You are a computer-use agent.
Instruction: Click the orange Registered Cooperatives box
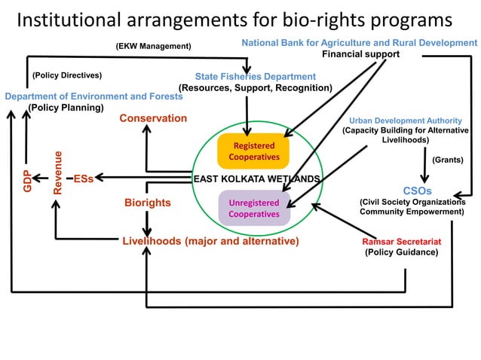pos(253,151)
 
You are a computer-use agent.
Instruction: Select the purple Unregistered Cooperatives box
pos(254,209)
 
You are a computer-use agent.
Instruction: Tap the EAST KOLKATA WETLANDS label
pos(257,179)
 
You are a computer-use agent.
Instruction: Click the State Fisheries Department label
pos(255,77)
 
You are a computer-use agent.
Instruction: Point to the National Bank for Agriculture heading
pos(359,44)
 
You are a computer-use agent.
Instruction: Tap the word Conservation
pos(153,118)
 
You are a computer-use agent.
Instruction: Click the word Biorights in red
pos(148,203)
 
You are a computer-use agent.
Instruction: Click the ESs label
pos(84,179)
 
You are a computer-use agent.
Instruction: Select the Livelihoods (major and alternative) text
pos(210,241)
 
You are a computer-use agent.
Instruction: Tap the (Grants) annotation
pos(447,160)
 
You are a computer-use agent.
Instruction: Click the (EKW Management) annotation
pos(153,47)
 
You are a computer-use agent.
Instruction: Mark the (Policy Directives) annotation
pos(67,75)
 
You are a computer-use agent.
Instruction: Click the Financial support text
pos(360,54)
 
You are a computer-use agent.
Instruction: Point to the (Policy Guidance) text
pos(401,252)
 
